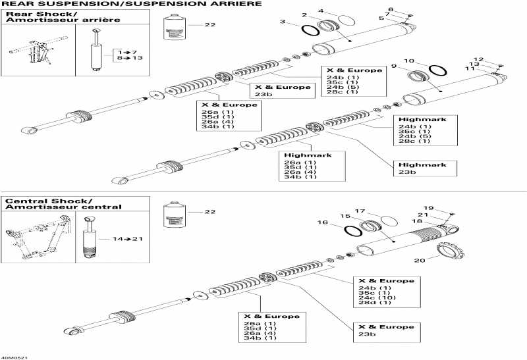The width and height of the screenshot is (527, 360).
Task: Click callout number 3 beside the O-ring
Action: [x=283, y=22]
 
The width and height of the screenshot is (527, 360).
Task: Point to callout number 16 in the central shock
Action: [x=323, y=223]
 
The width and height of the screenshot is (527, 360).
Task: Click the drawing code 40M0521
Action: [x=14, y=356]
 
